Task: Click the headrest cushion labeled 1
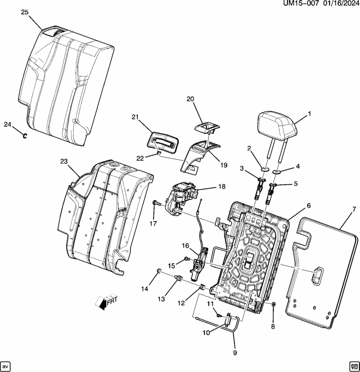[x=277, y=124]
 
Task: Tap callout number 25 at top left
[x=25, y=12]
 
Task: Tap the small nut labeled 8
[x=273, y=304]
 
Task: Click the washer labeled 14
[x=160, y=272]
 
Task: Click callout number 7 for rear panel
[x=353, y=209]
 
